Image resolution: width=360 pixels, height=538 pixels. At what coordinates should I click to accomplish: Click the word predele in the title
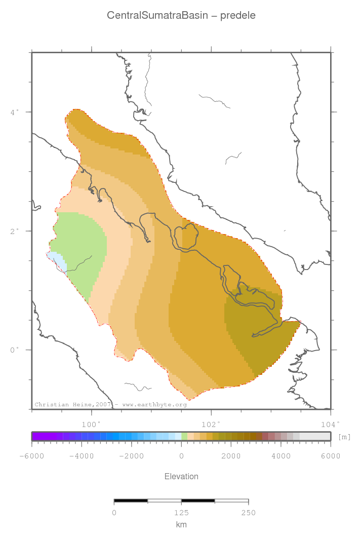(238, 16)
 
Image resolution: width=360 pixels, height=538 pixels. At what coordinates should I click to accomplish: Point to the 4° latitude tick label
(15, 111)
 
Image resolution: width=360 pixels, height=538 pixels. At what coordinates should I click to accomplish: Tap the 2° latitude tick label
(15, 230)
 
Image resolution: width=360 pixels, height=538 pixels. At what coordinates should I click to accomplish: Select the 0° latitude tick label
(15, 350)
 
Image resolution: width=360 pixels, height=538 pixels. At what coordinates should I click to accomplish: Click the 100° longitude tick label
(92, 424)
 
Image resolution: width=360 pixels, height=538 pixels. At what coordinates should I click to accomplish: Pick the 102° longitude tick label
(211, 424)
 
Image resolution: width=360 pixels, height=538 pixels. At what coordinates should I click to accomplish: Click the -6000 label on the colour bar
(31, 456)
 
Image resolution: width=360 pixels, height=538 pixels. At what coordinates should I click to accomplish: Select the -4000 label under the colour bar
(81, 456)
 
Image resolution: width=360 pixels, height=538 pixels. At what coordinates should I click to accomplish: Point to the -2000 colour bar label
(131, 456)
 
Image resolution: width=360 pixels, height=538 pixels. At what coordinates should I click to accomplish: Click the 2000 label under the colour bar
(231, 456)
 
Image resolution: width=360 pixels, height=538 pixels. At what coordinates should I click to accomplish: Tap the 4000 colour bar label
(281, 456)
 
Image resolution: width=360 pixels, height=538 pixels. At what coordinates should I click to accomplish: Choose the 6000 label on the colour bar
(331, 456)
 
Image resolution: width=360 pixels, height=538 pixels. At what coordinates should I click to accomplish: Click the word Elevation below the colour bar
(181, 476)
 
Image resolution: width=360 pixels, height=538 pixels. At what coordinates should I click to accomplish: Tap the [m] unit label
(344, 437)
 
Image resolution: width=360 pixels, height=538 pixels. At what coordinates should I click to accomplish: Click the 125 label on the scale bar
(181, 513)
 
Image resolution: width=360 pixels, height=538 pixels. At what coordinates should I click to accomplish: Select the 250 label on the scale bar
(248, 513)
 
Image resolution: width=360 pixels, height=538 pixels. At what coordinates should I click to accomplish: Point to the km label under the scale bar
(181, 525)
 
